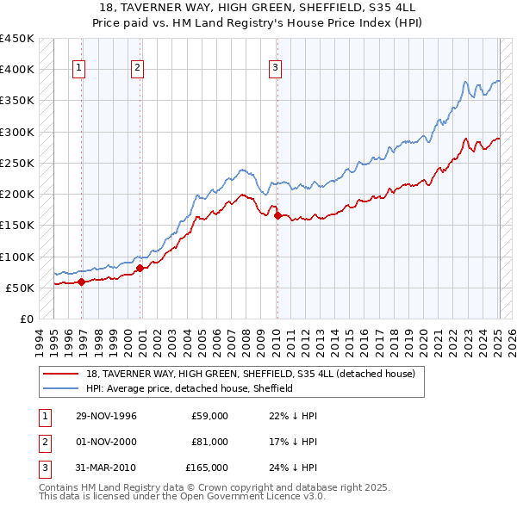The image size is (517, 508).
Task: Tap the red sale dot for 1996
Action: (81, 282)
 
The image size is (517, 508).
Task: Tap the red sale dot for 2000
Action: (139, 268)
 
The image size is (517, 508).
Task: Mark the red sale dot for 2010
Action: (277, 216)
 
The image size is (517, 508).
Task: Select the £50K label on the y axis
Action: (20, 288)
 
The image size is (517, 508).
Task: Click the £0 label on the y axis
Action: (26, 319)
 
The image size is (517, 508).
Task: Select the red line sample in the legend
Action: (61, 375)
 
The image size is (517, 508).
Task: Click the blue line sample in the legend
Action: (61, 389)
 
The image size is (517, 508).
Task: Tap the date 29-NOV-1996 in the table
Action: (106, 416)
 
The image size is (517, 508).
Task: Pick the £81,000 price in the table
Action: (210, 442)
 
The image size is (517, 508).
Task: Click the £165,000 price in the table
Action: (208, 468)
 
